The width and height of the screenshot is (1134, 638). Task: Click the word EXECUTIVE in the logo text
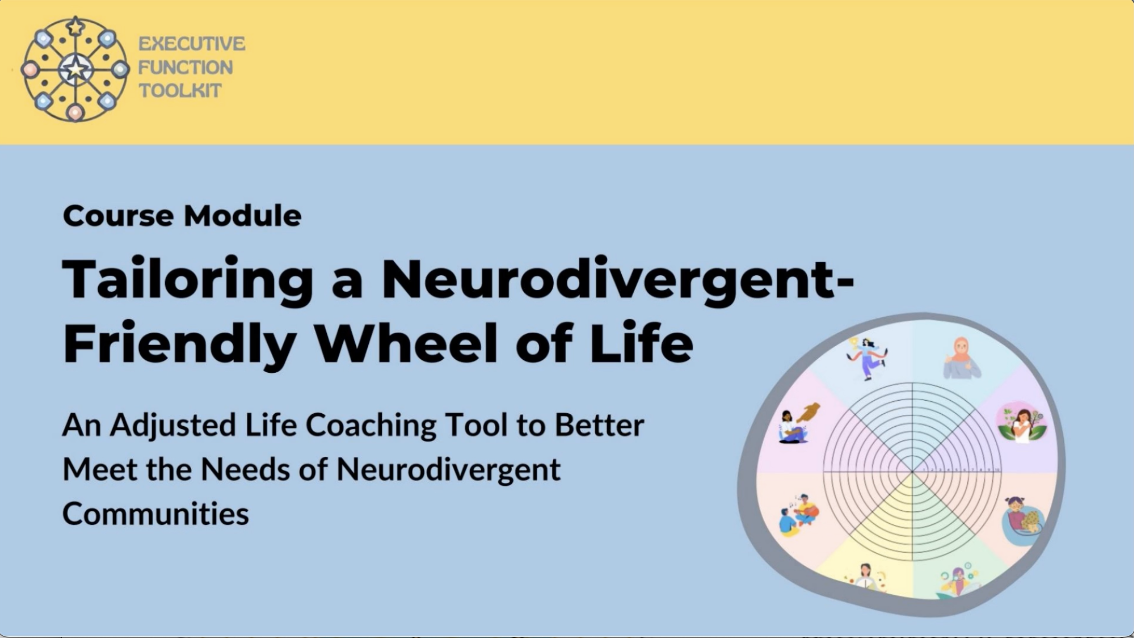coord(192,44)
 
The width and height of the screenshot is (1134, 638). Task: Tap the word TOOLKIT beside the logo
coord(180,91)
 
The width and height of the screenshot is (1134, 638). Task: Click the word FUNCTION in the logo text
coord(185,67)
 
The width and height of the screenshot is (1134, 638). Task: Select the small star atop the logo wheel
coord(76,26)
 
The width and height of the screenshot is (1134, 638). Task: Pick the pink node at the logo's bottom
coord(75,112)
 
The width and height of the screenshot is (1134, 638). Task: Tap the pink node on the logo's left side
coord(30,70)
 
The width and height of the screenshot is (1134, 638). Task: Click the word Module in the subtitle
coord(243,216)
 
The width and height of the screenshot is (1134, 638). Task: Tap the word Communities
coord(156,513)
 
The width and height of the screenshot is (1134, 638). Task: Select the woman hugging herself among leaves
coord(1021,422)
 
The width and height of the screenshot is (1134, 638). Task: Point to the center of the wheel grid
coord(912,472)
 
